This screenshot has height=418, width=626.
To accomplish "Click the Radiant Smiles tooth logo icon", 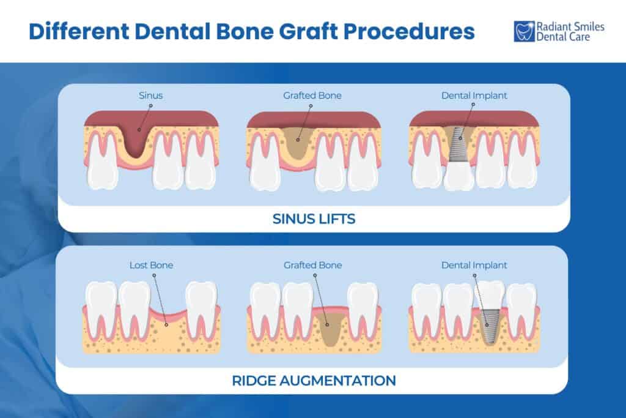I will (524, 31).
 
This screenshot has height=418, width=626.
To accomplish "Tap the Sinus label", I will (151, 95).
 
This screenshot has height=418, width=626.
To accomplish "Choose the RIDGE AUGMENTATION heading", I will (314, 380).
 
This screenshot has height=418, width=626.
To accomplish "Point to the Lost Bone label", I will (151, 265).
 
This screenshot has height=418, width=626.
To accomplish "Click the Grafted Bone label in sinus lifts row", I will (312, 95).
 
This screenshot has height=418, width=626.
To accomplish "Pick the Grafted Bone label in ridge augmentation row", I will (312, 265).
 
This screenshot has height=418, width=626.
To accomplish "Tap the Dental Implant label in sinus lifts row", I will (474, 95).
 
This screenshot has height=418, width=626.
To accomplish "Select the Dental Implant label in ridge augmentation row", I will (474, 265).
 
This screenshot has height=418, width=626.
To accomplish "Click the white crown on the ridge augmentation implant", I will (489, 294).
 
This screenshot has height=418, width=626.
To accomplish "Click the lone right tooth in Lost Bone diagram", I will (201, 306).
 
